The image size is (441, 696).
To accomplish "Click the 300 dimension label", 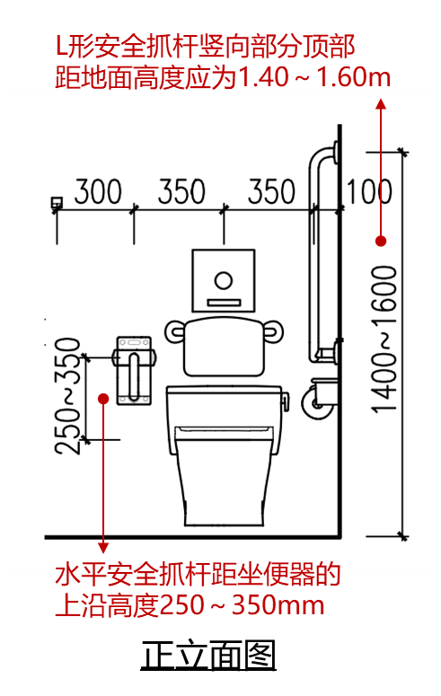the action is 98,192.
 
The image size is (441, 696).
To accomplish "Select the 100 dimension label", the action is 369,192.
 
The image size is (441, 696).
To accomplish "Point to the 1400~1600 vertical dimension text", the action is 384,339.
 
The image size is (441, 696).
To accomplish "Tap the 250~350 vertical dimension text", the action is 68,396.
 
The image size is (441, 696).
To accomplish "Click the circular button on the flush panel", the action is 224,280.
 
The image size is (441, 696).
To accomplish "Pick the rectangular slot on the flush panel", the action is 224,304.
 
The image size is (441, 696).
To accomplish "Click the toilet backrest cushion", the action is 225,347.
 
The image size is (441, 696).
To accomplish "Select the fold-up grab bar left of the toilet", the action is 134,371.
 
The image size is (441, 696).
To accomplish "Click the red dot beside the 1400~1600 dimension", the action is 381,241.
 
